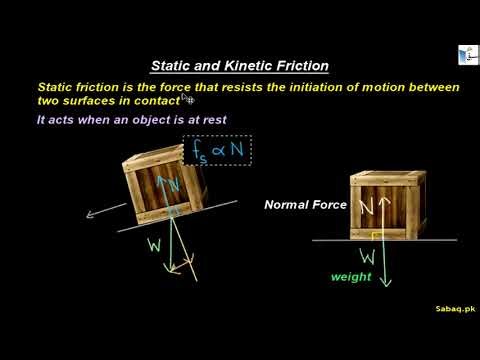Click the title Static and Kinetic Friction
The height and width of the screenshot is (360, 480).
(239, 66)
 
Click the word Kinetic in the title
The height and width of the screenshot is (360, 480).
(254, 66)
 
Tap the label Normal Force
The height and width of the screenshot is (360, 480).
(305, 204)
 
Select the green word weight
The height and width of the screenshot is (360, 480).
(351, 277)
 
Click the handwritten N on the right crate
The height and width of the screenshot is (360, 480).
(366, 207)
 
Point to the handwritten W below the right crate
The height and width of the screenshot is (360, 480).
(367, 256)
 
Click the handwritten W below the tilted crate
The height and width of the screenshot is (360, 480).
(154, 245)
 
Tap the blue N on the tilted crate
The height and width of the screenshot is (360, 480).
(173, 186)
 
